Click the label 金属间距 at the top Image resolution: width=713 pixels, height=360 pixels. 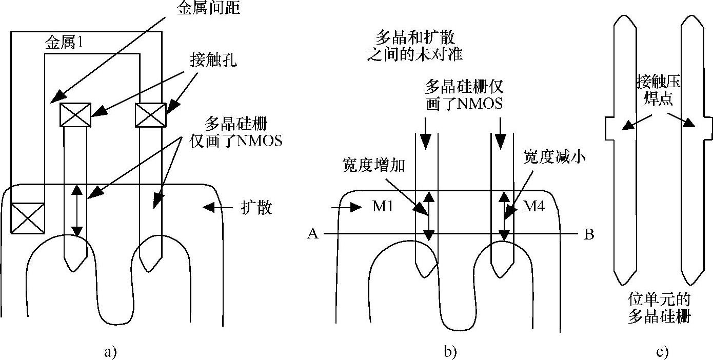pyautogui.click(x=201, y=8)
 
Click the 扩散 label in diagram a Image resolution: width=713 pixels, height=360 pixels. pyautogui.click(x=256, y=208)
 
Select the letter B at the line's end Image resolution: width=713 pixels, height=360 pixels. pyautogui.click(x=589, y=234)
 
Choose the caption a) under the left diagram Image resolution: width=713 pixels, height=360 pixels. pyautogui.click(x=110, y=352)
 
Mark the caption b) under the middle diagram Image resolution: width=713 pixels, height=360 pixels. pyautogui.click(x=450, y=352)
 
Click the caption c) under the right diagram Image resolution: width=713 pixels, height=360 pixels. pyautogui.click(x=662, y=352)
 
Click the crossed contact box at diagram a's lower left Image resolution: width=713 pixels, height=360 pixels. pyautogui.click(x=27, y=218)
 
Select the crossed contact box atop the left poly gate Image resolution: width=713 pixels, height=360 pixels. pyautogui.click(x=75, y=114)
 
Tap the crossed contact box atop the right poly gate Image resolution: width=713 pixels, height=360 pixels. pyautogui.click(x=150, y=114)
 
